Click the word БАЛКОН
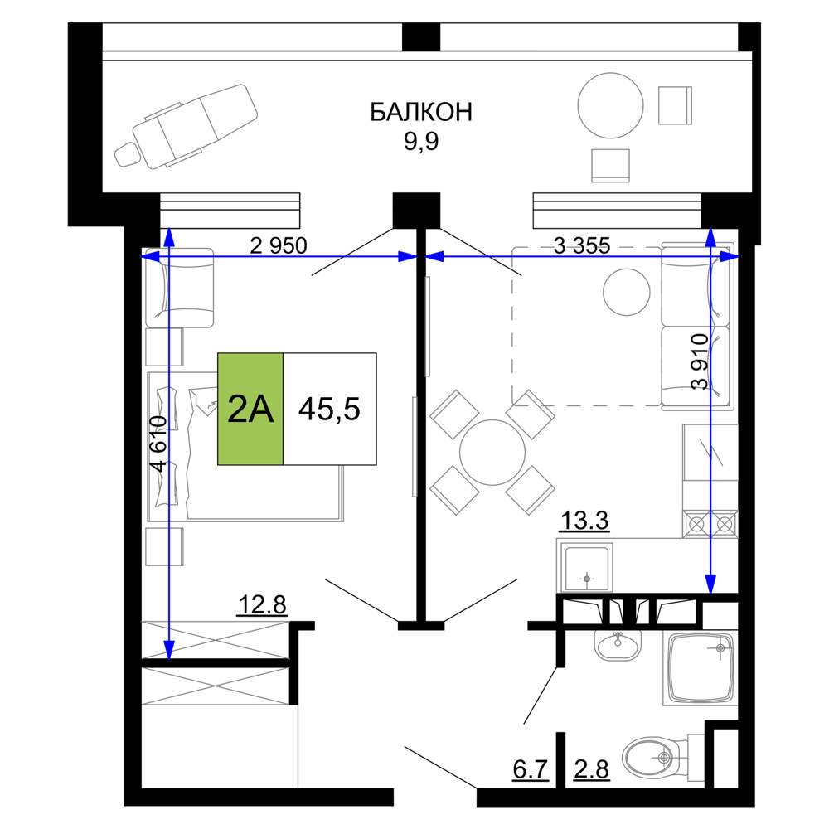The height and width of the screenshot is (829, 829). pyautogui.click(x=421, y=112)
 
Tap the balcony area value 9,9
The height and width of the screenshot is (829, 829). pyautogui.click(x=421, y=142)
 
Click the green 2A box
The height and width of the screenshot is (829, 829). pyautogui.click(x=250, y=409)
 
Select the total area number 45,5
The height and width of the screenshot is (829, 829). pyautogui.click(x=329, y=409)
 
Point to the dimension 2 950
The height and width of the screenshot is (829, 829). pyautogui.click(x=278, y=245)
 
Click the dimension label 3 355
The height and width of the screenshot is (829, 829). pyautogui.click(x=582, y=245)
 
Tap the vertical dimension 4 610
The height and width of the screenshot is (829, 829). pyautogui.click(x=158, y=444)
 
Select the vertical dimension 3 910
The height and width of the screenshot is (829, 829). pyautogui.click(x=700, y=361)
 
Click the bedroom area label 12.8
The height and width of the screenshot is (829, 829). pyautogui.click(x=262, y=605)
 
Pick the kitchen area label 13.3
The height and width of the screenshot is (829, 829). pyautogui.click(x=584, y=521)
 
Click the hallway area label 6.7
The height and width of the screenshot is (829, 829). pyautogui.click(x=531, y=769)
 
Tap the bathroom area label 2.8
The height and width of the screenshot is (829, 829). pyautogui.click(x=592, y=769)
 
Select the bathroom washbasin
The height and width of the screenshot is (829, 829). pyautogui.click(x=618, y=645)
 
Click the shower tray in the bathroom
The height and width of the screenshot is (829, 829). pyautogui.click(x=701, y=669)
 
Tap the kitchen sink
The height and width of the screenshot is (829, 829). pyautogui.click(x=586, y=569)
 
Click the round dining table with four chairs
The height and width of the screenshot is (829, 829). pyautogui.click(x=492, y=453)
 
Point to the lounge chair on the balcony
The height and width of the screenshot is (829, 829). pyautogui.click(x=186, y=127)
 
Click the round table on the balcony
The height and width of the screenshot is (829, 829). pyautogui.click(x=611, y=105)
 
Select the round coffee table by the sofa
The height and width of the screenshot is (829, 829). pyautogui.click(x=627, y=292)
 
